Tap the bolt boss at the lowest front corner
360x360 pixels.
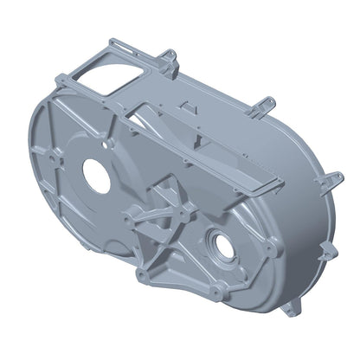click(141, 276)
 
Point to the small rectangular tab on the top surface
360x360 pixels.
click(184, 104)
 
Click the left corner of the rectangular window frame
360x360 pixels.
click(57, 80)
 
